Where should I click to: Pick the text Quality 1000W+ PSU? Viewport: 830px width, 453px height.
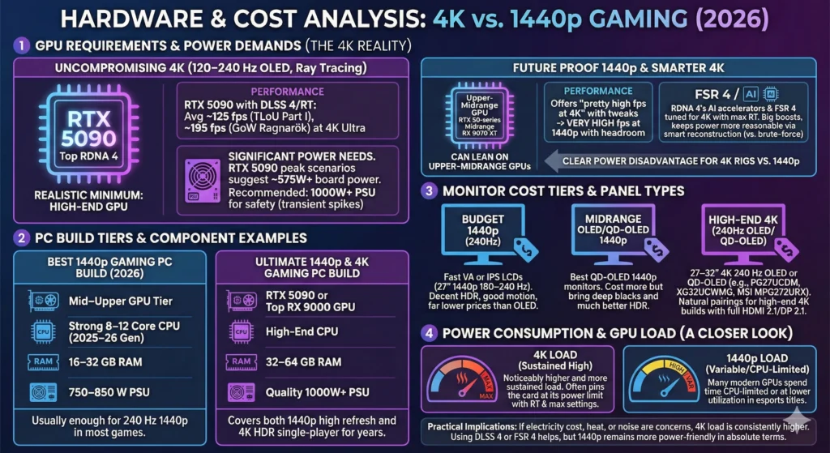coord(318,393)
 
